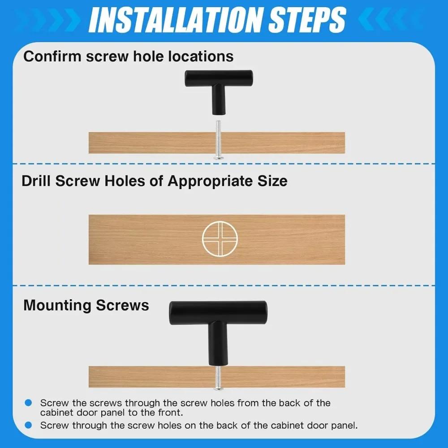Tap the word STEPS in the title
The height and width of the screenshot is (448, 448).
click(308, 20)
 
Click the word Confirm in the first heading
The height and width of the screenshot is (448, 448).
click(52, 56)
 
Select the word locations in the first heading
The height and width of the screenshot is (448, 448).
click(201, 56)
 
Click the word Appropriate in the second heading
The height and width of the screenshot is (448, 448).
click(210, 181)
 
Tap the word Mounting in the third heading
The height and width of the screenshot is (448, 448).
click(57, 306)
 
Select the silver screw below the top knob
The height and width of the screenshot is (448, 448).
click(218, 140)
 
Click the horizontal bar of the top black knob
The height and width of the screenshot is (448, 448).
click(219, 78)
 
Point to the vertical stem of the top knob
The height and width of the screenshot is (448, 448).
click(219, 100)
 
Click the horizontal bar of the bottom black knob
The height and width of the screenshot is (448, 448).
click(218, 313)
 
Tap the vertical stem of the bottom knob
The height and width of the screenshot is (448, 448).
click(218, 344)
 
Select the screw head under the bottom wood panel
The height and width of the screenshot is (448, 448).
click(218, 388)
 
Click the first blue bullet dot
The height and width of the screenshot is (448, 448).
click(28, 403)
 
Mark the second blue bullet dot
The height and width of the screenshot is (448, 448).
click(28, 425)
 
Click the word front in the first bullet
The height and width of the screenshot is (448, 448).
click(171, 413)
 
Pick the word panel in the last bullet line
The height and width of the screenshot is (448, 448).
click(344, 426)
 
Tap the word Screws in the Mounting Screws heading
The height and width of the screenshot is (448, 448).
click(122, 306)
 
